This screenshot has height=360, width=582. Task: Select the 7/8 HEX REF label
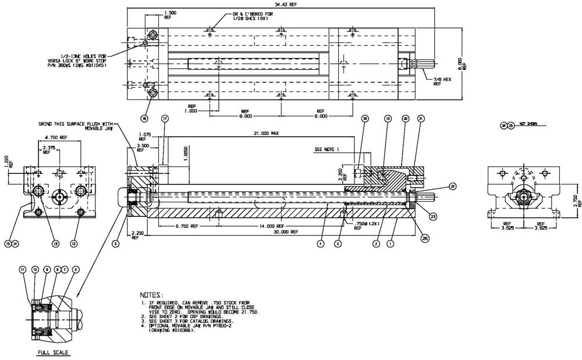click(441, 80)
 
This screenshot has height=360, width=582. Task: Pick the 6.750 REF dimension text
click(184, 226)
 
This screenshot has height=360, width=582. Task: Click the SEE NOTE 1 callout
click(327, 149)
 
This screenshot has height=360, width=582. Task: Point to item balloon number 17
click(165, 119)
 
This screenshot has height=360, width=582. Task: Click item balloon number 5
click(115, 244)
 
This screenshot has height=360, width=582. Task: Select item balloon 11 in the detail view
click(23, 270)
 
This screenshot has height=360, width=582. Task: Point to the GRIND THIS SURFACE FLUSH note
click(75, 126)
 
